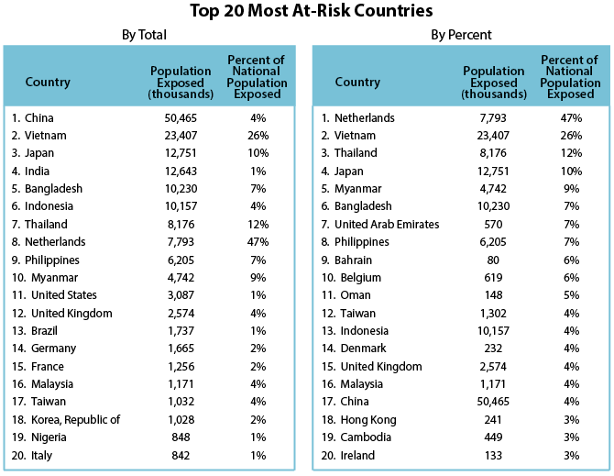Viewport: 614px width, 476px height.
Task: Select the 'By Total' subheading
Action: (x=145, y=35)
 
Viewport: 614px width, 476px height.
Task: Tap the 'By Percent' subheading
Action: (x=461, y=35)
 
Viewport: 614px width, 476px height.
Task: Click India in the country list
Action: (x=38, y=171)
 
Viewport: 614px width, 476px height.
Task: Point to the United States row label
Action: (x=64, y=295)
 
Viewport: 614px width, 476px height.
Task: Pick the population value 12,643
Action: (x=180, y=171)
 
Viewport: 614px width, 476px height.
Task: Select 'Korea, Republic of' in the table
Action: (x=73, y=420)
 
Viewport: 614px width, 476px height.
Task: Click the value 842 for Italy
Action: (x=180, y=456)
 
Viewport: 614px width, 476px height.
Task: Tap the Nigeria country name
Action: (x=45, y=437)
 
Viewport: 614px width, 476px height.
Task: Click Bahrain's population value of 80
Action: (x=494, y=260)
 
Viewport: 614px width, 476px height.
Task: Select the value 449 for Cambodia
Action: (x=494, y=437)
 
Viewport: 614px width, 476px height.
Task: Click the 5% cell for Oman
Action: (x=572, y=295)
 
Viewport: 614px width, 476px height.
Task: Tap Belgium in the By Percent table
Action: (x=360, y=277)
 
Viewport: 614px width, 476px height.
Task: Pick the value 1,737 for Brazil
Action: (x=180, y=331)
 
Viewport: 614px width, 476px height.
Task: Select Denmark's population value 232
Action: (x=494, y=349)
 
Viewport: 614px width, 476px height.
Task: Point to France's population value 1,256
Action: (x=180, y=367)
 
